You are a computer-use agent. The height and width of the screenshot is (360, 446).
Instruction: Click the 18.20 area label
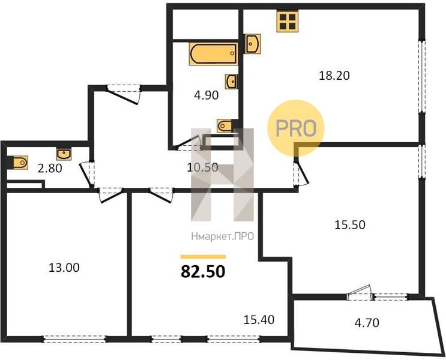(334, 76)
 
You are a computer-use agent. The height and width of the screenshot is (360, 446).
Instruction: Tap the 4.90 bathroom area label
(206, 95)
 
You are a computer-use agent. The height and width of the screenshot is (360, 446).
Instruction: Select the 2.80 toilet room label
(50, 169)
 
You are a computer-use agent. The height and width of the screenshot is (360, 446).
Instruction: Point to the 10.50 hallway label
(202, 167)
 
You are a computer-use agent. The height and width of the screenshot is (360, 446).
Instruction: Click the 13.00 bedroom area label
(64, 268)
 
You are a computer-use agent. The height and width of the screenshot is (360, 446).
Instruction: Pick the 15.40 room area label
(259, 320)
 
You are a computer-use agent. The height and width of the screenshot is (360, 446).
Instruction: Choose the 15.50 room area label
(349, 225)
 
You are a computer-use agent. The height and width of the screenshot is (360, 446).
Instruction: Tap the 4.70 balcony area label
(367, 323)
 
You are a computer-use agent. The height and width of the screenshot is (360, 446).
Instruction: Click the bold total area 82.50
(203, 271)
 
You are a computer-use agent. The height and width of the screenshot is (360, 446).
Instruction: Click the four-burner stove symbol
(288, 22)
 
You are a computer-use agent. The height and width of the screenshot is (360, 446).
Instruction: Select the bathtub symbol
(214, 53)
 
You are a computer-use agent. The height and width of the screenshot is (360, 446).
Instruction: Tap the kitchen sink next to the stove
(253, 44)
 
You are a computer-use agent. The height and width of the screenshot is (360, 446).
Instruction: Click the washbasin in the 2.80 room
(64, 154)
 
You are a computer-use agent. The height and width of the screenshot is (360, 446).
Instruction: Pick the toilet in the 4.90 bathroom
(225, 125)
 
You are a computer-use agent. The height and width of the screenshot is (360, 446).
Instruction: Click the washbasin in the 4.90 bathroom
(232, 82)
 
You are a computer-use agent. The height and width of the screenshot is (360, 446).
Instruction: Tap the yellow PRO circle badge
(296, 128)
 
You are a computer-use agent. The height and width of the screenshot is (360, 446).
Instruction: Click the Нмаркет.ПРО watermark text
(223, 236)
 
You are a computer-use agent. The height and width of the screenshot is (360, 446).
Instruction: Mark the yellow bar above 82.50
(203, 257)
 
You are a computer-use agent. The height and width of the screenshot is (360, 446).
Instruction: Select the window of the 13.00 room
(74, 339)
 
